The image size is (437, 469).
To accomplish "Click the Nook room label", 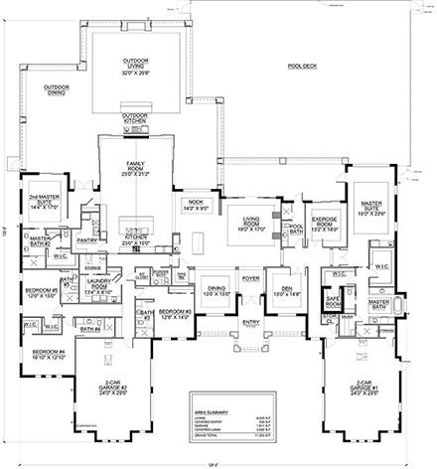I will (195, 204).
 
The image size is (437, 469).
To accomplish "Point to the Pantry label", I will (86, 239).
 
